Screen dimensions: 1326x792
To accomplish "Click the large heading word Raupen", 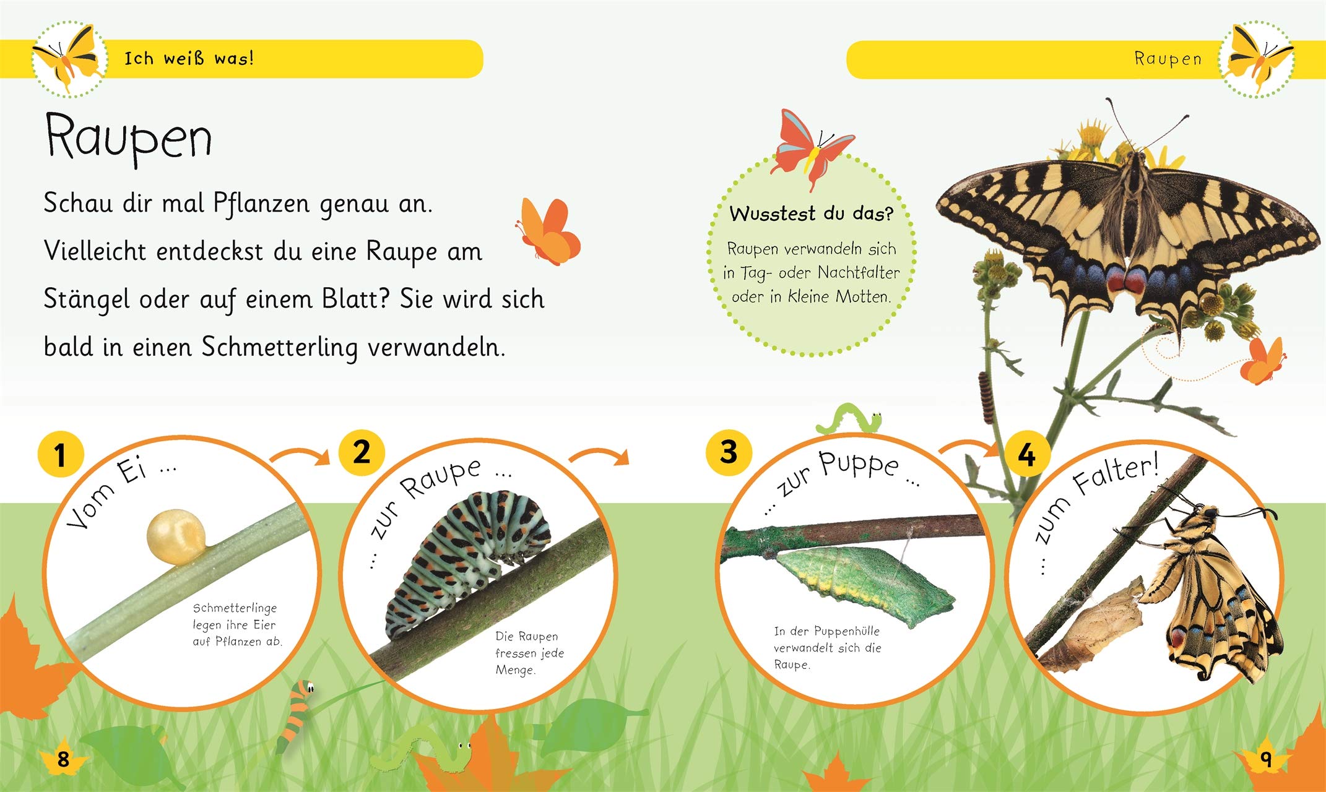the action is pyautogui.click(x=129, y=137).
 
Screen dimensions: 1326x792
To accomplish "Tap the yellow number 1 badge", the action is pyautogui.click(x=61, y=455).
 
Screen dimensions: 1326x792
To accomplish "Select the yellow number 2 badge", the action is pyautogui.click(x=362, y=452).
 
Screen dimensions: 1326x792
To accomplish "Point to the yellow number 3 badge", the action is pyautogui.click(x=729, y=452).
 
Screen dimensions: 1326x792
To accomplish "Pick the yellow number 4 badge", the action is pyautogui.click(x=1026, y=456).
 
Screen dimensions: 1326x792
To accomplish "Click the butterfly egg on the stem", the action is pyautogui.click(x=176, y=536).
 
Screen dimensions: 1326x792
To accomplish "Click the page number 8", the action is pyautogui.click(x=63, y=759).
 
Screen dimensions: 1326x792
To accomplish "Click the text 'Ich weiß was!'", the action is pyautogui.click(x=189, y=58).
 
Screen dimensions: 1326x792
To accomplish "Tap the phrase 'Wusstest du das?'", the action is pyautogui.click(x=812, y=213).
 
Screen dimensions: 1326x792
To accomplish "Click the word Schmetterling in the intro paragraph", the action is pyautogui.click(x=279, y=348).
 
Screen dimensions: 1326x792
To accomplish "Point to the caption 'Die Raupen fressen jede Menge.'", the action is pyautogui.click(x=529, y=653).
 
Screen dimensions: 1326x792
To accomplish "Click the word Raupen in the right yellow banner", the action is pyautogui.click(x=1168, y=59).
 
